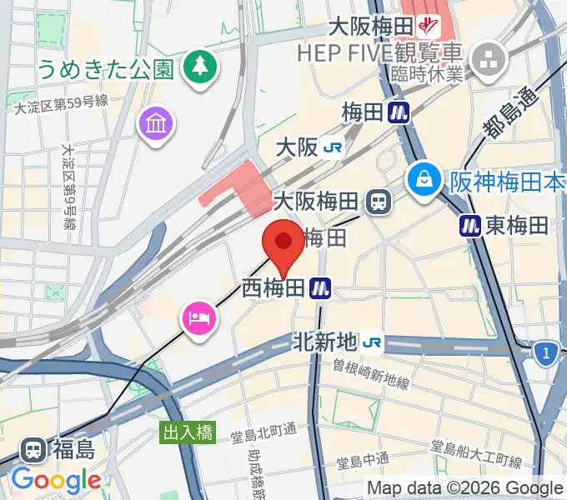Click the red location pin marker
(x=283, y=243)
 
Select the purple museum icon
(x=157, y=125)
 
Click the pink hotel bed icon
(x=200, y=318)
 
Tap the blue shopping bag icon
(x=425, y=178)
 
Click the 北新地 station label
(x=325, y=341)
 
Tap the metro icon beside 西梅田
(x=321, y=288)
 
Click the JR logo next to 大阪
(x=334, y=148)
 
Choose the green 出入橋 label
(x=188, y=432)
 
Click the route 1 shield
(x=546, y=355)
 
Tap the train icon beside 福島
(x=33, y=451)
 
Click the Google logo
(x=56, y=479)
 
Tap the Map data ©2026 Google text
(x=464, y=487)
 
